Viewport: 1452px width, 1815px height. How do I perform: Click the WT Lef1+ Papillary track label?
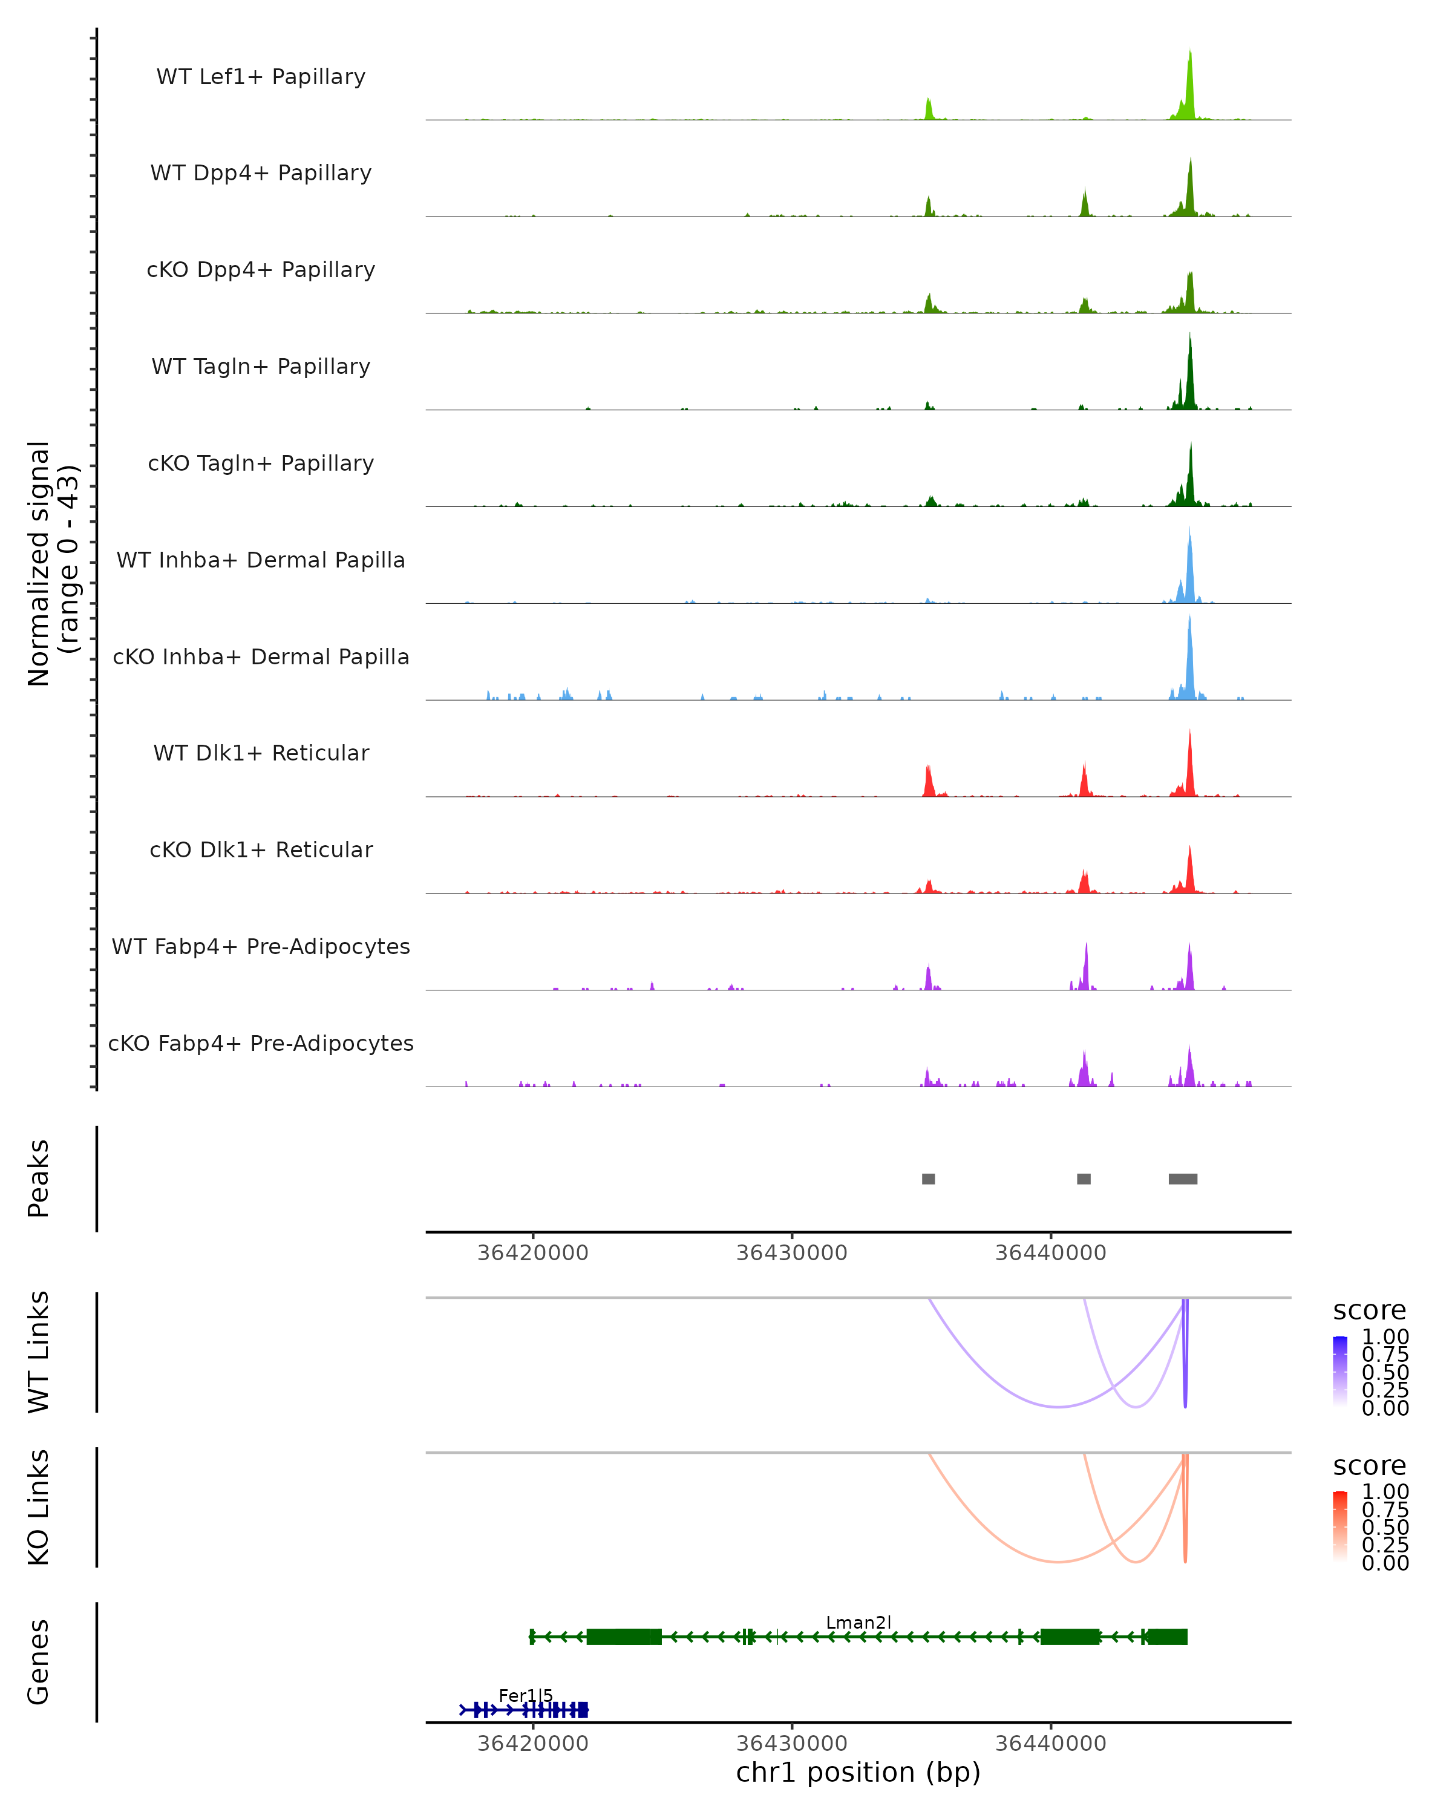(x=261, y=77)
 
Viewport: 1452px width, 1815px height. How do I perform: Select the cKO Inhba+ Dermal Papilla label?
(x=261, y=656)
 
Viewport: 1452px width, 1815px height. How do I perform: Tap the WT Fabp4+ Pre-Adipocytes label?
(x=261, y=946)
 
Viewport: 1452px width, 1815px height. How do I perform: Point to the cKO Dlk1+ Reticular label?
(x=261, y=849)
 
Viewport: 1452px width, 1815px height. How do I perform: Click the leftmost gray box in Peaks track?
(x=929, y=1179)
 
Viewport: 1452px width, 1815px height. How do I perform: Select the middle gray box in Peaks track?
(x=1084, y=1179)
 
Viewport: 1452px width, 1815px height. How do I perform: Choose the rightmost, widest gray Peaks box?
(x=1183, y=1179)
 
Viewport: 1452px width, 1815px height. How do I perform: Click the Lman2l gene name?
(x=858, y=1622)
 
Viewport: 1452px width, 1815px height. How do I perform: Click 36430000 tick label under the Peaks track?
(x=791, y=1253)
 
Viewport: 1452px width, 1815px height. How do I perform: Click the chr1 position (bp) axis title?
(x=858, y=1772)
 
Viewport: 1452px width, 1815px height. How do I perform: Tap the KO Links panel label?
(x=39, y=1507)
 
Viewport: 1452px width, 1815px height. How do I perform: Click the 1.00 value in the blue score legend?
(x=1385, y=1337)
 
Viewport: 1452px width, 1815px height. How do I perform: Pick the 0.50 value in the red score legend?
(x=1385, y=1527)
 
